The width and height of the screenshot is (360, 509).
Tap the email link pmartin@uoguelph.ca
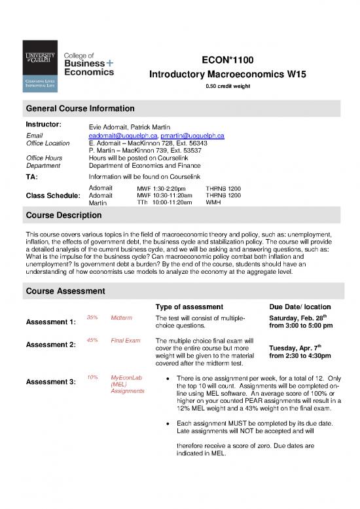(x=192, y=135)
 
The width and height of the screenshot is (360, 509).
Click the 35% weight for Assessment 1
(x=92, y=317)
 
